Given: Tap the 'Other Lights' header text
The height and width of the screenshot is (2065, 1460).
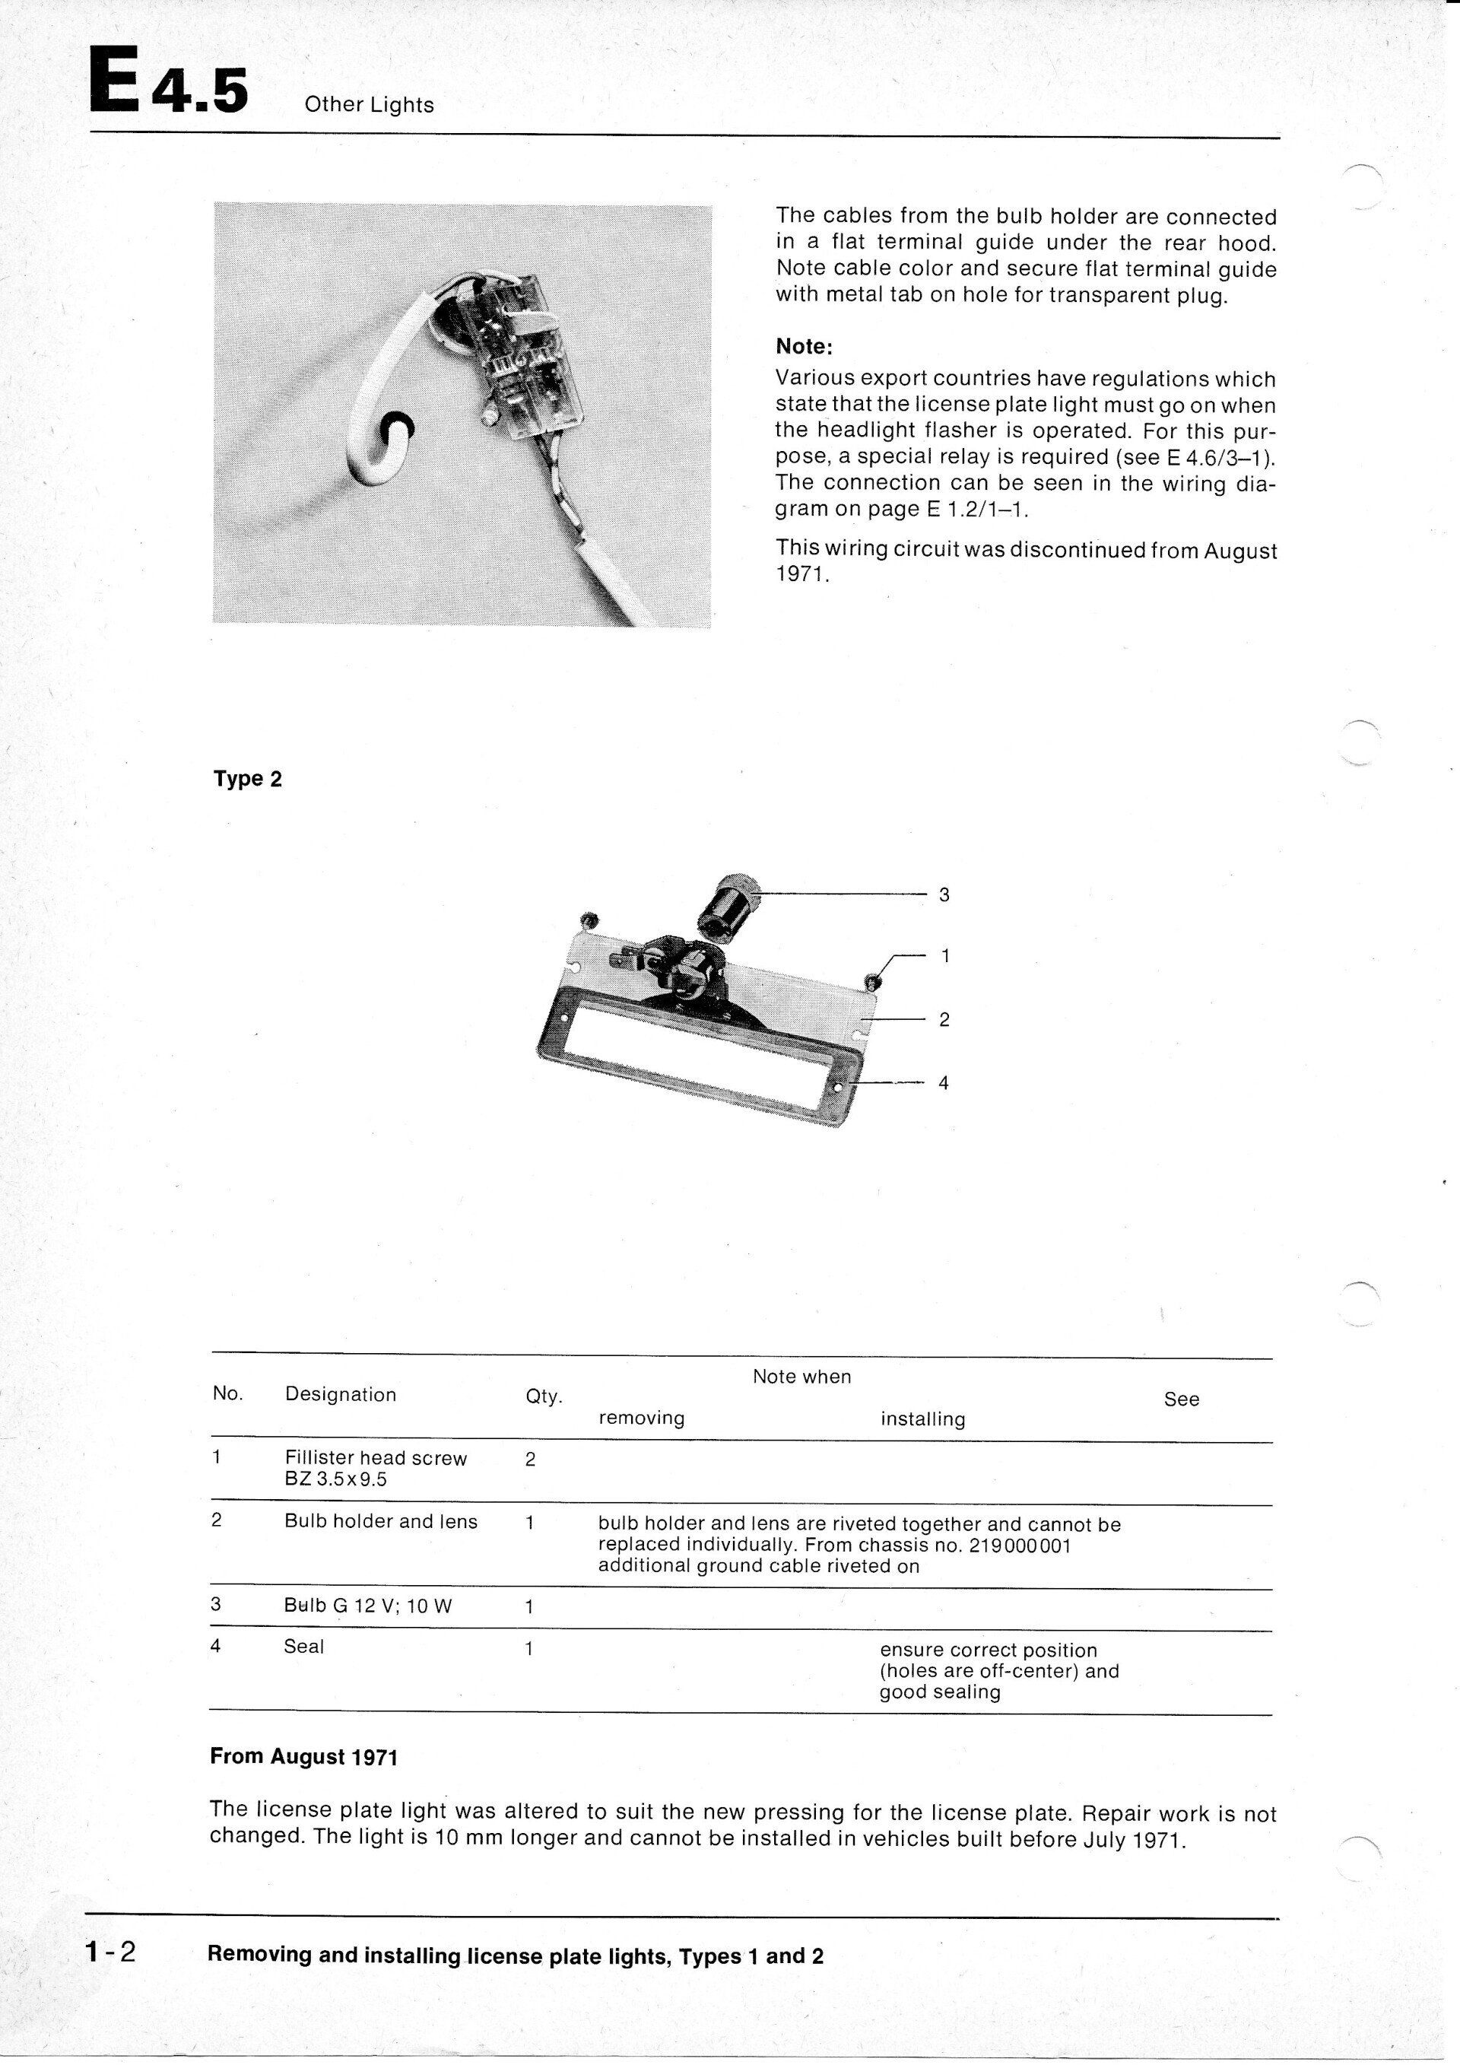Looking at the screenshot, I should [x=369, y=105].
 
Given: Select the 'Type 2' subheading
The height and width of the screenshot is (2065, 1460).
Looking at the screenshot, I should [x=247, y=779].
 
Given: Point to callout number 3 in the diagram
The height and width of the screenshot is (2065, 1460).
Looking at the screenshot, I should [x=944, y=895].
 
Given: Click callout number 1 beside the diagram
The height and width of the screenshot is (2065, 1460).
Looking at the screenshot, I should [x=945, y=956].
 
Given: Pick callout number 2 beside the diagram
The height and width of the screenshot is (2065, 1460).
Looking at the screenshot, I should [x=944, y=1019].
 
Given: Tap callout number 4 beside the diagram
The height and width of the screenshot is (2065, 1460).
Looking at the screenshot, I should [x=943, y=1083].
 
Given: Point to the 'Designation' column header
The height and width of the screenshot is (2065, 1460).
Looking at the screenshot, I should [x=340, y=1395].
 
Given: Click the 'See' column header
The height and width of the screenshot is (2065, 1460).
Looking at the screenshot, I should [x=1181, y=1399].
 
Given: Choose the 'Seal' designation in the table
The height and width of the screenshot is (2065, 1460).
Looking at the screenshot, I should [x=304, y=1647].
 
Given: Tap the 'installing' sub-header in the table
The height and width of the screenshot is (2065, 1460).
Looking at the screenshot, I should [x=922, y=1419].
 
